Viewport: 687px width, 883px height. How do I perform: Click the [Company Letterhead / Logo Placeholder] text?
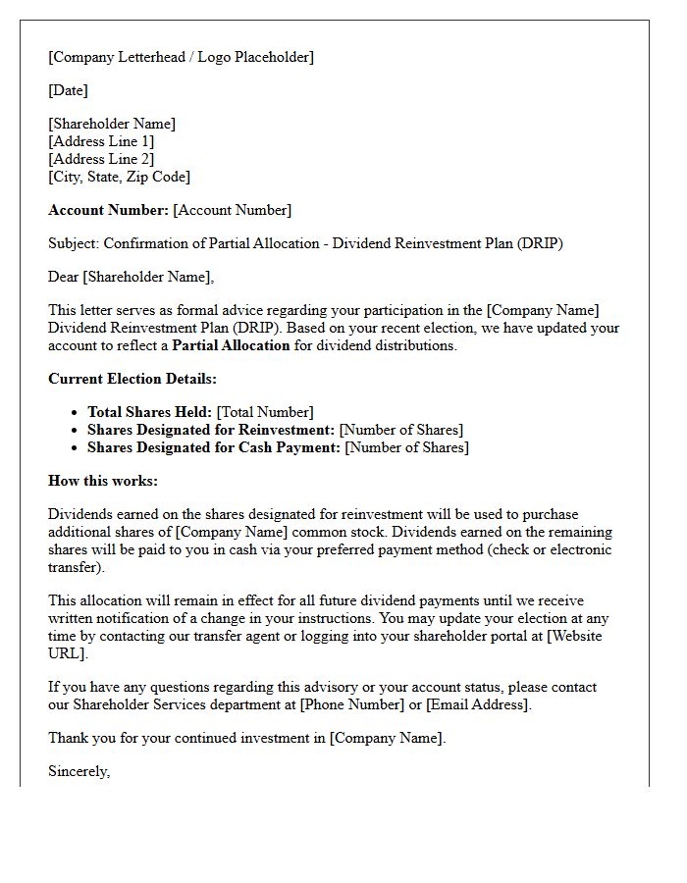click(x=182, y=57)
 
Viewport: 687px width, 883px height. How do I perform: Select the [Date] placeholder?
click(x=68, y=90)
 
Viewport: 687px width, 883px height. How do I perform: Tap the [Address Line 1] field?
click(x=101, y=141)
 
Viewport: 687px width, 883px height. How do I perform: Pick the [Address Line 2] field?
click(x=101, y=159)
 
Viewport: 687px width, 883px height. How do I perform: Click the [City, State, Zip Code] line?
click(x=119, y=177)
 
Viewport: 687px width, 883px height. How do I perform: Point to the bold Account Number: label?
click(x=108, y=210)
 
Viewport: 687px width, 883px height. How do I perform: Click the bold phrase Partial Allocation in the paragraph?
click(x=231, y=345)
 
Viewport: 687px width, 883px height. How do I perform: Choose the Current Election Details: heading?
click(x=132, y=379)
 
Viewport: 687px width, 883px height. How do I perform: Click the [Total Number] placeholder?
click(x=265, y=412)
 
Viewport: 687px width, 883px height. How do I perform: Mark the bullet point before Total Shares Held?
click(x=76, y=413)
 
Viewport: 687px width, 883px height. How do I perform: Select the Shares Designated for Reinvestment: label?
click(x=211, y=430)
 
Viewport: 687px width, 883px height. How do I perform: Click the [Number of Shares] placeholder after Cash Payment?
click(x=407, y=447)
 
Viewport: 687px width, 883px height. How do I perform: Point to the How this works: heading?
click(x=103, y=481)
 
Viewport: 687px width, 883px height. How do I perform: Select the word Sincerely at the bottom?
click(x=79, y=771)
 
